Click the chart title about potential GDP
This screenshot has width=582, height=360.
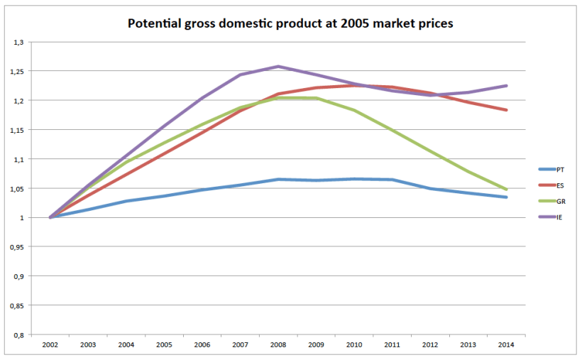click(x=290, y=23)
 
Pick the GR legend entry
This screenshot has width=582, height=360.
click(x=561, y=201)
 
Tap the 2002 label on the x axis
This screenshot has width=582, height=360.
click(x=50, y=344)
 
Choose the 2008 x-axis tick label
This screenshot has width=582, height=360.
click(x=278, y=344)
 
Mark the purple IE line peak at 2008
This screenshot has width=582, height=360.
click(x=278, y=67)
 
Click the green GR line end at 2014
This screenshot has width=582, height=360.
click(x=506, y=190)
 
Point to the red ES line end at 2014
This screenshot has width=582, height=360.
click(x=506, y=110)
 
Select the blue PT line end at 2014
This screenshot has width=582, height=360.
click(x=506, y=197)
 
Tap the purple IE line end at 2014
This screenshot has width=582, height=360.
click(x=506, y=86)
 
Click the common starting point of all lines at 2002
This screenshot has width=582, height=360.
click(x=50, y=217)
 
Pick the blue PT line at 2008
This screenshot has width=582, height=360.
click(x=278, y=180)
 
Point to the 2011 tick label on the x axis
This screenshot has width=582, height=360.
click(x=392, y=344)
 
